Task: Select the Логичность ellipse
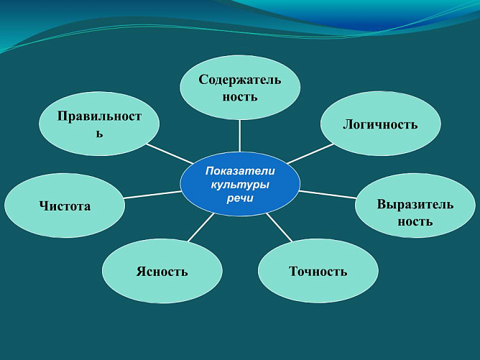pos(380,124)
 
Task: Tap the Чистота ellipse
pos(65,206)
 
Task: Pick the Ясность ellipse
pos(162,271)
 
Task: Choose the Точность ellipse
pos(318,271)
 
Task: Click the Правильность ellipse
pos(99,124)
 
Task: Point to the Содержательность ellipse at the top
pos(239,88)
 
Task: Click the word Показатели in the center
pos(240,171)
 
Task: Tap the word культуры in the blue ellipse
pos(240,185)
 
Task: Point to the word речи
pos(240,198)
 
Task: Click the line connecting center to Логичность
pos(310,153)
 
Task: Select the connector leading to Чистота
pos(152,195)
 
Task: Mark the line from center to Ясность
pos(201,227)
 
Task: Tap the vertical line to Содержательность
pos(239,135)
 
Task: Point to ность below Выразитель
pos(415,221)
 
